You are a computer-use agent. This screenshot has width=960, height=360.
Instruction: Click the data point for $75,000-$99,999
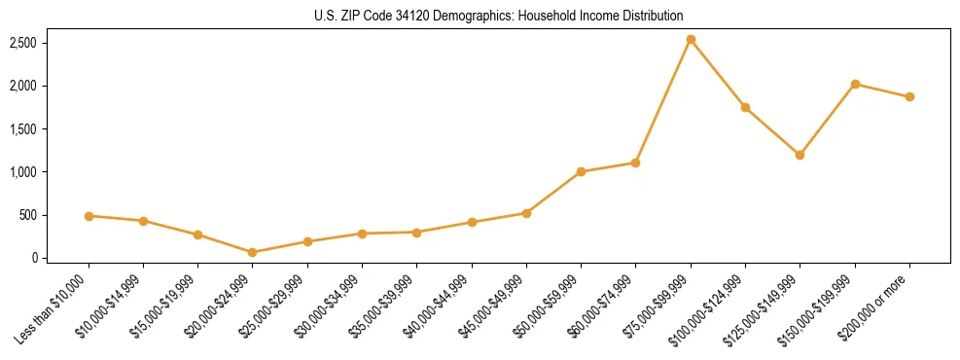[691, 40]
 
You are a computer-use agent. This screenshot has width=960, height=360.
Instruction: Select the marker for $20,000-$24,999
[253, 252]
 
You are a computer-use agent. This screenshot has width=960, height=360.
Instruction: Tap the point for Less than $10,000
[89, 216]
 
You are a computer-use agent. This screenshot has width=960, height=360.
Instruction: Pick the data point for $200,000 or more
[909, 96]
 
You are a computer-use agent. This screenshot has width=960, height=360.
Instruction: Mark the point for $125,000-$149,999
[800, 155]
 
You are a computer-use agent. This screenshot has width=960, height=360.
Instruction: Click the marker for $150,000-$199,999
[855, 84]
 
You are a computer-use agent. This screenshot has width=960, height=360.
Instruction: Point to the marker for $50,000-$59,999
[581, 172]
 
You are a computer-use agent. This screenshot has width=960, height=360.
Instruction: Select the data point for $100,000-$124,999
[745, 107]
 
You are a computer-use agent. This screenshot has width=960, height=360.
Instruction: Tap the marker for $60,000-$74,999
[635, 162]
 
